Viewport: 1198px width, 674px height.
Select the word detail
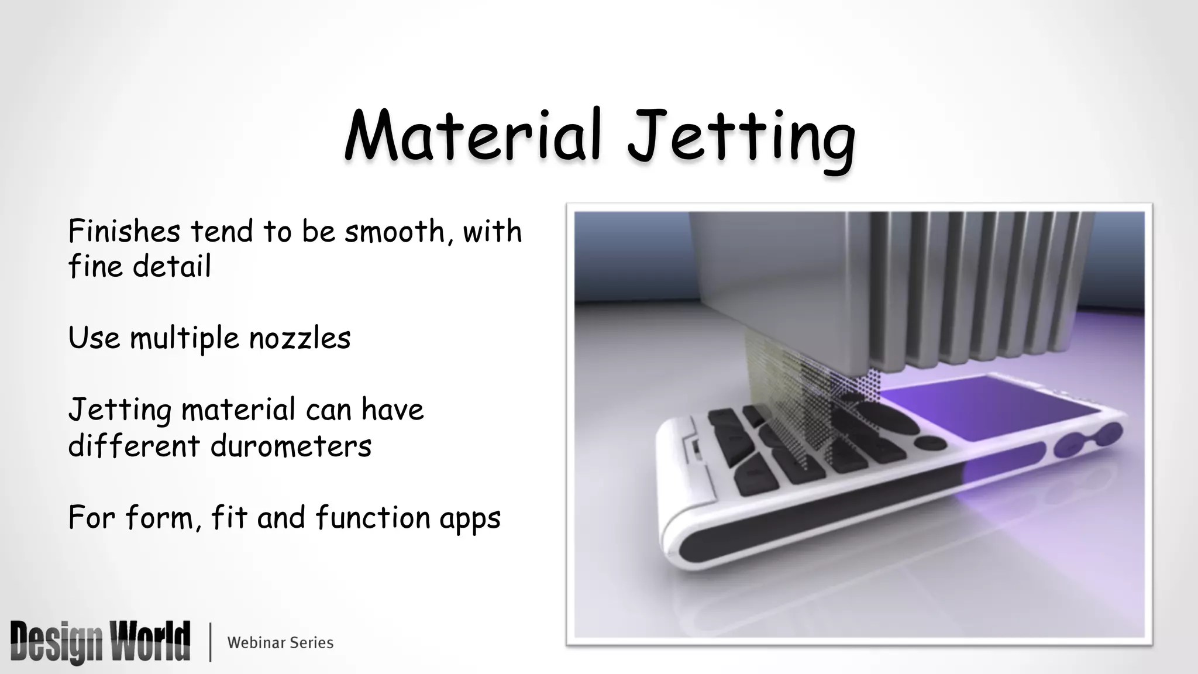171,267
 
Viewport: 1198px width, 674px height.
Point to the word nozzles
299,338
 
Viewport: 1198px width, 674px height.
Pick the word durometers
291,446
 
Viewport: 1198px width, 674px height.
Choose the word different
134,446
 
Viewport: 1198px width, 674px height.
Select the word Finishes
124,231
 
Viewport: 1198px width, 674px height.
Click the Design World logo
100,642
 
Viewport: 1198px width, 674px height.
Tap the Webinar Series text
280,642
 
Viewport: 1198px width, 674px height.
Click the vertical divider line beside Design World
210,642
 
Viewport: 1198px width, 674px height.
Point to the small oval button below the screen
930,443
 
